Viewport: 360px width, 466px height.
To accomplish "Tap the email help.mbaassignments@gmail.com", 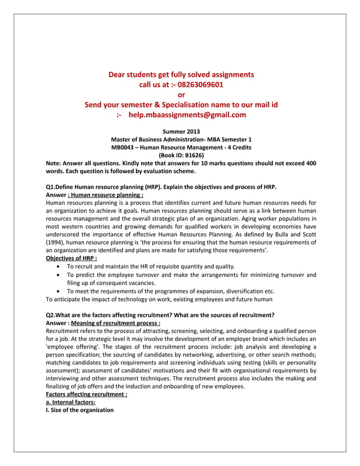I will [x=187, y=115].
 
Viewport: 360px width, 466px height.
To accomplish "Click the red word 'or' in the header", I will [x=181, y=95].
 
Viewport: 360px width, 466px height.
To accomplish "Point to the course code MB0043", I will [x=124, y=147].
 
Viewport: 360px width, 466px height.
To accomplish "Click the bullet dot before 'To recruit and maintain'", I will [x=60, y=266].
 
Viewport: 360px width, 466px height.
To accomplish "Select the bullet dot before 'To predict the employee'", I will [x=60, y=275].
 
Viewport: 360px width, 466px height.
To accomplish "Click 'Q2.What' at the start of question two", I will [x=59, y=315].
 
